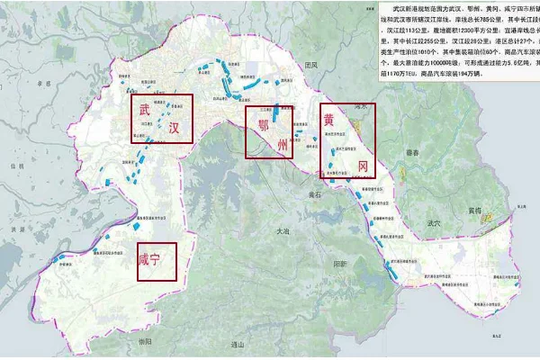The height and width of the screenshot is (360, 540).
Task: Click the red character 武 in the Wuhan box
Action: pyautogui.click(x=145, y=110)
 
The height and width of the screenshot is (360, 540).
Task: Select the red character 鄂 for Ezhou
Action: pyautogui.click(x=264, y=121)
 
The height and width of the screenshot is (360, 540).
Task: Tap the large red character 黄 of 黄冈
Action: pyautogui.click(x=331, y=121)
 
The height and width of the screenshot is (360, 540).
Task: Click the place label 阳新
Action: pyautogui.click(x=339, y=264)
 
